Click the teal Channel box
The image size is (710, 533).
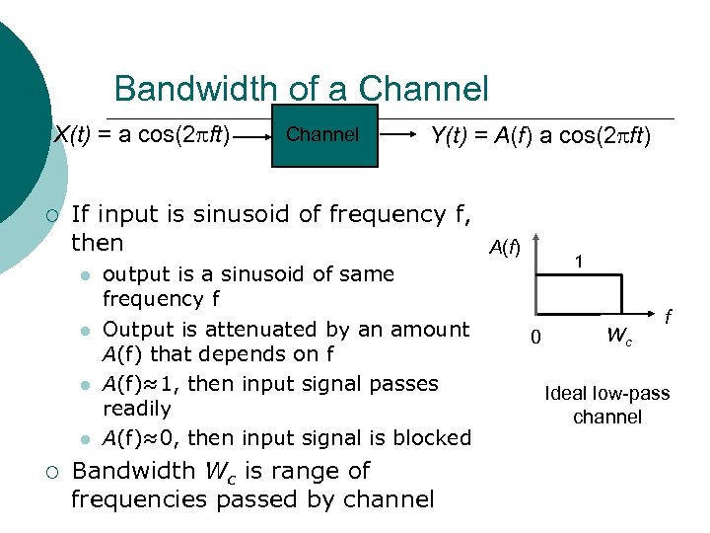click(x=321, y=135)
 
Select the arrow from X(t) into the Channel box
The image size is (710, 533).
click(x=252, y=135)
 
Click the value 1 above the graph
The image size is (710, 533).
click(x=582, y=262)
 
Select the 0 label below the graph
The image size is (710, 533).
click(x=535, y=338)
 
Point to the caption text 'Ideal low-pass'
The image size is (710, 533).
click(x=606, y=394)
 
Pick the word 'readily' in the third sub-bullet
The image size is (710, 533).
click(x=137, y=408)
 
